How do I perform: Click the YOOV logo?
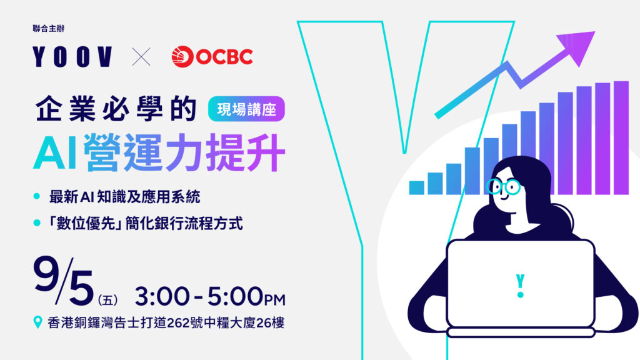click(x=72, y=56)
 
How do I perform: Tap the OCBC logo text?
click(x=224, y=56)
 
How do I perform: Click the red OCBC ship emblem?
click(x=182, y=56)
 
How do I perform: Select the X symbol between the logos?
click(x=141, y=57)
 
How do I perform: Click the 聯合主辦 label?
click(x=49, y=29)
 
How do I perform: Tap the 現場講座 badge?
click(x=246, y=109)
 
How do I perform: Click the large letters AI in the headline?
click(x=56, y=152)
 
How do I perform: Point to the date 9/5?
click(x=63, y=281)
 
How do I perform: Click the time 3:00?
click(x=162, y=296)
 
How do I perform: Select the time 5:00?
click(x=235, y=296)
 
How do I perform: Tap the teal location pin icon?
click(x=37, y=322)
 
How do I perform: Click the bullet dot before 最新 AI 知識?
click(x=37, y=196)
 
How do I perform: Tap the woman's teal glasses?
click(x=503, y=187)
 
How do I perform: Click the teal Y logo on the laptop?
click(x=520, y=286)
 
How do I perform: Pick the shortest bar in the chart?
click(x=416, y=187)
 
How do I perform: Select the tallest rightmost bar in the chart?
click(x=621, y=138)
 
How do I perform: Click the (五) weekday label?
click(x=107, y=301)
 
